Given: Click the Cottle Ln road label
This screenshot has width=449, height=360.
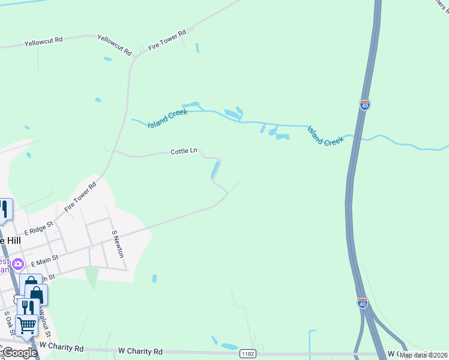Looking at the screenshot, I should point(184,151).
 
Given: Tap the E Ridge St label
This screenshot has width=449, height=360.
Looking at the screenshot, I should point(39,227).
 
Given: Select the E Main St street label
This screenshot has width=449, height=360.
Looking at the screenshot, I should point(45,260).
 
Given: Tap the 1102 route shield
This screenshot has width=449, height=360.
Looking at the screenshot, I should point(248,354).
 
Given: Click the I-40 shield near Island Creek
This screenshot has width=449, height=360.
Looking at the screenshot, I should point(365,104).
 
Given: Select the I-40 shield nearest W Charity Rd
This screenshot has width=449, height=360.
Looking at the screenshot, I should point(362,304).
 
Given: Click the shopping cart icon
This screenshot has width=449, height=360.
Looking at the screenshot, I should point(27,325).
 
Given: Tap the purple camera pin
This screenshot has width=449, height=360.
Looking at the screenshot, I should point(18,264).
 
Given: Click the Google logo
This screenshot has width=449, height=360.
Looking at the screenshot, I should point(19,353).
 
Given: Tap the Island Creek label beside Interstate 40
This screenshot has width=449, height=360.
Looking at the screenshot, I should point(325,136).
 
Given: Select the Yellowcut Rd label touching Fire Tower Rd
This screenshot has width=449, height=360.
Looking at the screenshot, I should point(115,45).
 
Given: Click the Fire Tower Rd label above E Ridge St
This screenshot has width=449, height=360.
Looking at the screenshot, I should point(80,196).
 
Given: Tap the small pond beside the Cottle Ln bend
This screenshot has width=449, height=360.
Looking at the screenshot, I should point(214,170).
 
